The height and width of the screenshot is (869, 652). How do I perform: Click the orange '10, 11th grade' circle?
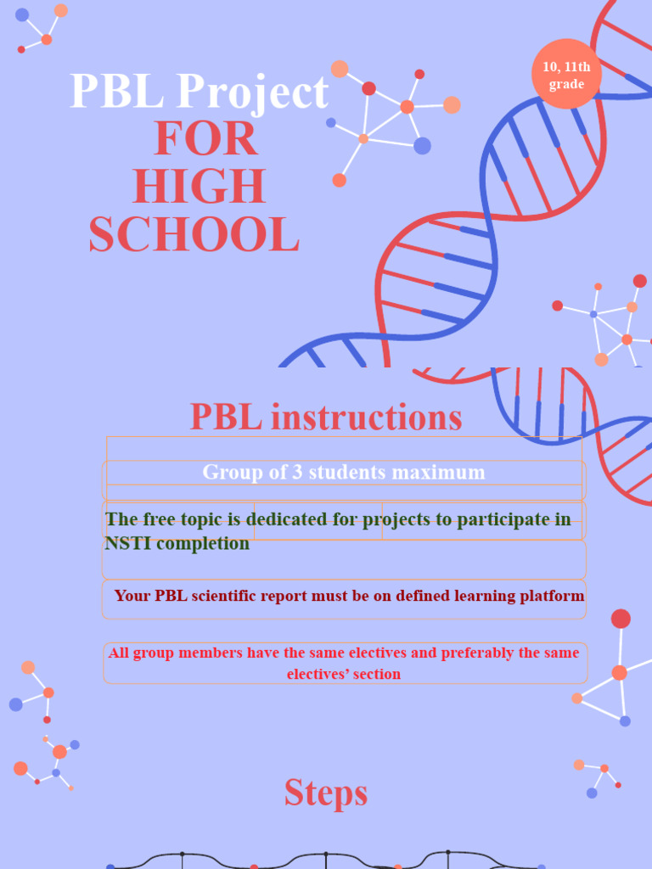pyautogui.click(x=566, y=75)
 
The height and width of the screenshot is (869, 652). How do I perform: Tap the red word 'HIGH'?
pyautogui.click(x=200, y=188)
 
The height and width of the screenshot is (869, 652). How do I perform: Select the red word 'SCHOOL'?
pyautogui.click(x=194, y=235)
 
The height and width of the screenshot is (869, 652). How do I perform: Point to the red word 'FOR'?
pyautogui.click(x=205, y=139)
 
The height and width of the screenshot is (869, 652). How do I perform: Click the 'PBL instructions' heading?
pyautogui.click(x=326, y=418)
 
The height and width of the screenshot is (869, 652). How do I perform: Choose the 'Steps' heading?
pyautogui.click(x=326, y=793)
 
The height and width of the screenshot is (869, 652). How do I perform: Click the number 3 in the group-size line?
pyautogui.click(x=297, y=472)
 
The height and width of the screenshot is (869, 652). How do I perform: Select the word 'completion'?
pyautogui.click(x=201, y=543)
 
